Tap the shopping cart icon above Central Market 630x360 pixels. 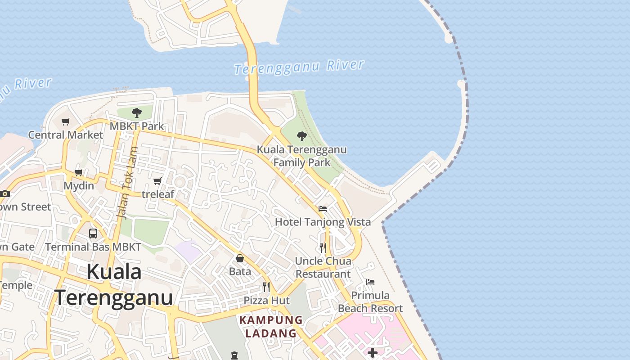coord(66,121)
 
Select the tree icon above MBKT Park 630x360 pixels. coord(137,112)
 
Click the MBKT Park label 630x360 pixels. coord(137,126)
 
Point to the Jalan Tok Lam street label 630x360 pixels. coord(127,183)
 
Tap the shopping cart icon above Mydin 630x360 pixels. coord(79,172)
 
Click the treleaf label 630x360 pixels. coord(157,194)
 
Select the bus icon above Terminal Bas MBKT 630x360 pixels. coord(93,234)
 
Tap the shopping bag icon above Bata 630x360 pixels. coord(240,258)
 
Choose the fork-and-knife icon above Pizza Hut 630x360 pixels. coord(266,287)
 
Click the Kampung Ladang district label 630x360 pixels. coord(271,327)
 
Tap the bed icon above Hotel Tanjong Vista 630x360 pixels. coord(323,209)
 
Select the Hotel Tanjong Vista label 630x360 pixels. coord(323,222)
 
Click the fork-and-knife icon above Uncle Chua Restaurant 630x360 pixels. coord(323,247)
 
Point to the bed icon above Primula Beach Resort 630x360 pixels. coord(370,282)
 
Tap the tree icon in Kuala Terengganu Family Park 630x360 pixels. coord(302,136)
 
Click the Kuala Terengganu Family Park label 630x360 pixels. coord(302,156)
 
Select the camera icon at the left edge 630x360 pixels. coord(5,193)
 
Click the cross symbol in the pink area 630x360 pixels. coord(373,353)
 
